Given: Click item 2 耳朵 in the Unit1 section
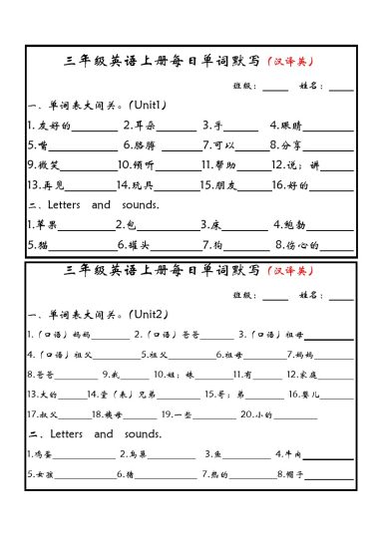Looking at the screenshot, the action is pyautogui.click(x=140, y=126).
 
